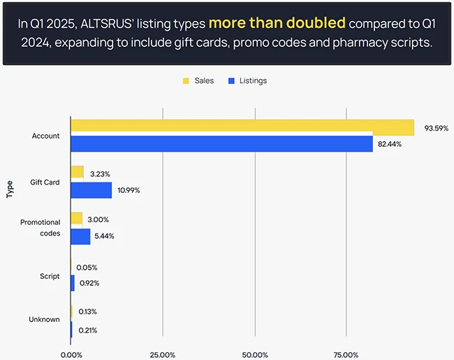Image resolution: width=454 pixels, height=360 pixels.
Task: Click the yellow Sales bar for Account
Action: click(242, 127)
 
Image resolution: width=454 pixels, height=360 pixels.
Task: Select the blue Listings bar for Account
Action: click(221, 143)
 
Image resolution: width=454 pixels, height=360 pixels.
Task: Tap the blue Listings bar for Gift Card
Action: click(91, 189)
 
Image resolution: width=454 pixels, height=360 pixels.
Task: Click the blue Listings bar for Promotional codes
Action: click(81, 236)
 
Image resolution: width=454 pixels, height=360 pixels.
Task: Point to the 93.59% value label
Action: click(436, 128)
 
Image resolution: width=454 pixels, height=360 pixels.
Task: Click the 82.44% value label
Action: click(391, 144)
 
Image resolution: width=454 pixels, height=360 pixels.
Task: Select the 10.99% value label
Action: click(129, 190)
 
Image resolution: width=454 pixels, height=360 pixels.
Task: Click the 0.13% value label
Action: click(87, 312)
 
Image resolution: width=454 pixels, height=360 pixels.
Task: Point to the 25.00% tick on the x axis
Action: click(163, 354)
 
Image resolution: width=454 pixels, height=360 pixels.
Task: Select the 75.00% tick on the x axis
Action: click(346, 354)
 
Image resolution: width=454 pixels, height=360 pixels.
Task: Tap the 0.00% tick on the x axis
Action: click(71, 354)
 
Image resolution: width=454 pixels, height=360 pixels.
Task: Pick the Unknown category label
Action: click(44, 319)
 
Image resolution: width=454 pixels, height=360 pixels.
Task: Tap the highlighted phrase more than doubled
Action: click(277, 23)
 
